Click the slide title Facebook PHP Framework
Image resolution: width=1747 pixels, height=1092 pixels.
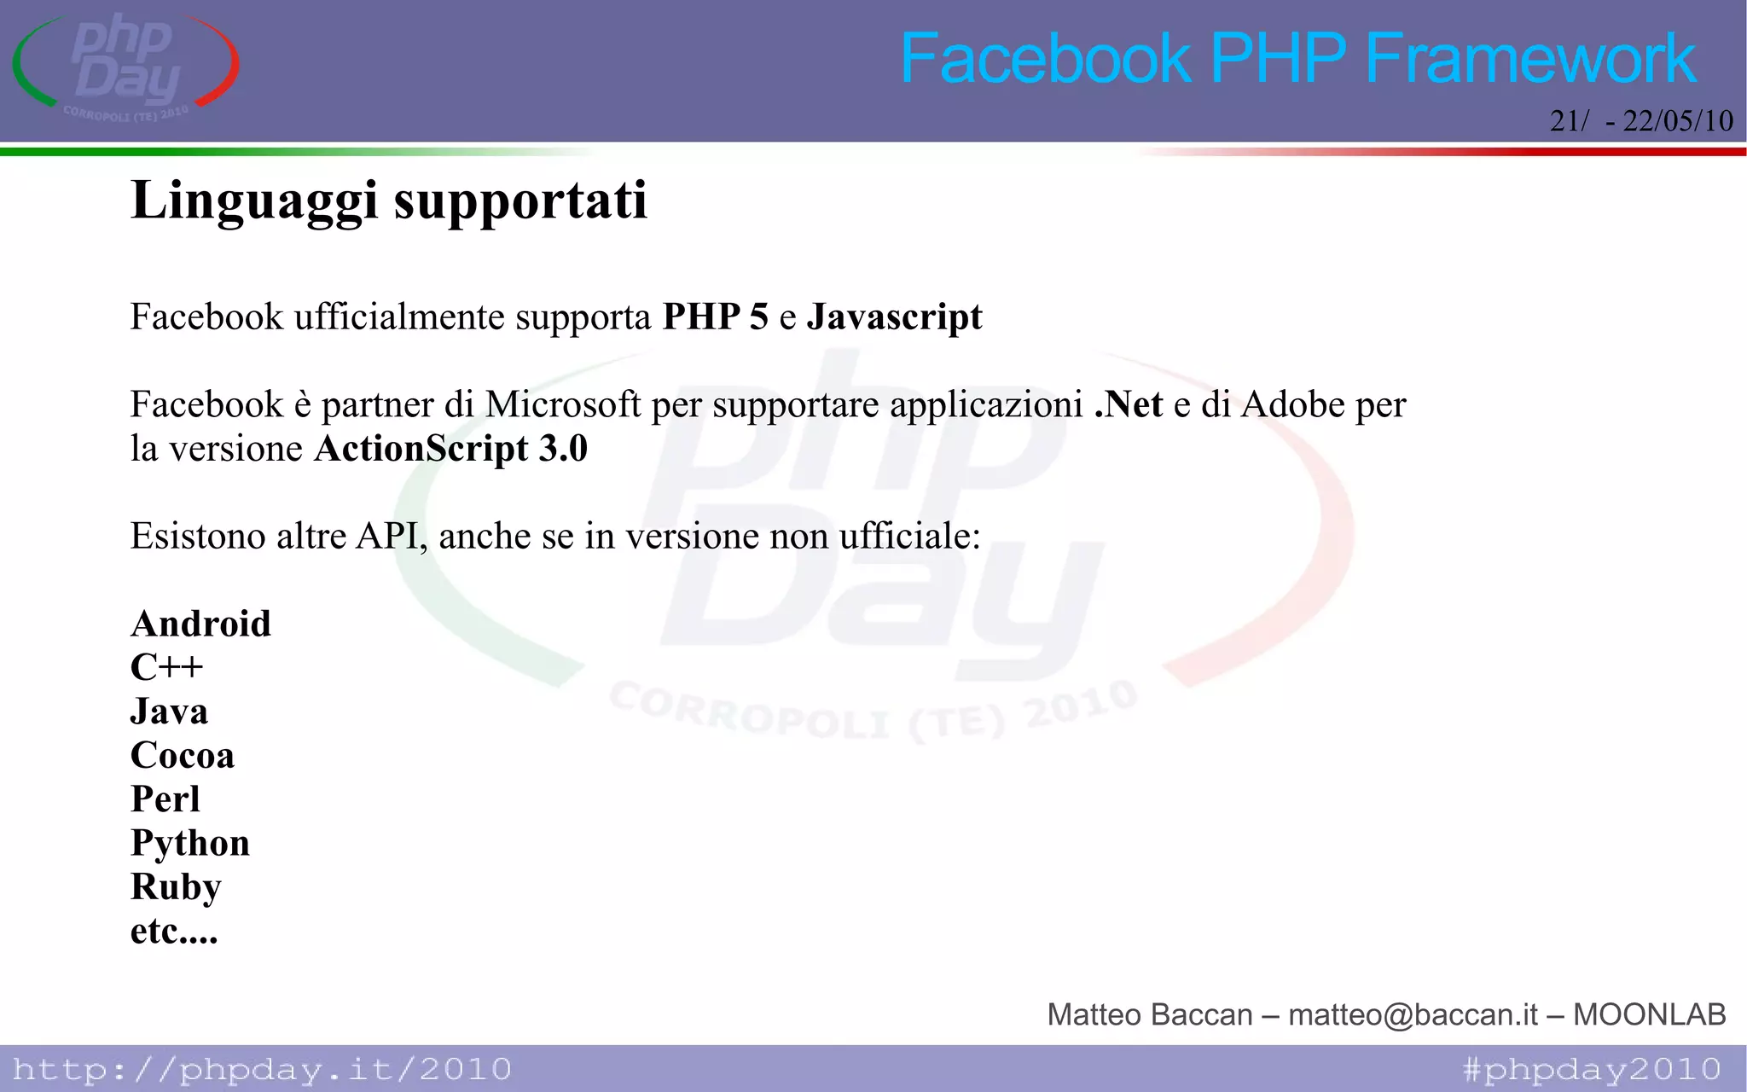[1297, 58]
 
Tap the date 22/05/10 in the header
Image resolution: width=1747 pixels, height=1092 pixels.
[1677, 120]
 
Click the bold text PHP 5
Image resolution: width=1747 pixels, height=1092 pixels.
[715, 317]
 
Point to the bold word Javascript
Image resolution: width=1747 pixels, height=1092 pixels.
[894, 317]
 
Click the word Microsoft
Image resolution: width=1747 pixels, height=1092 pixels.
[563, 404]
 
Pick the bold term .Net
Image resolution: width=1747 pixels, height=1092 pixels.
[1129, 404]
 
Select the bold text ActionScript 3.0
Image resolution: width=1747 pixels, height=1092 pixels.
[450, 449]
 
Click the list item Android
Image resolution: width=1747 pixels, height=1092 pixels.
[200, 624]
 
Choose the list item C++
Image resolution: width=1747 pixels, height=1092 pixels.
[166, 667]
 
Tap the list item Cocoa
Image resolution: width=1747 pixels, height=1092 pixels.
[182, 755]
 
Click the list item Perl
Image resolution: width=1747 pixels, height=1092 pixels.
[165, 799]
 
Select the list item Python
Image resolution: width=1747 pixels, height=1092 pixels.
[189, 844]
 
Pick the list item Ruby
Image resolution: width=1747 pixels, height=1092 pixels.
[176, 887]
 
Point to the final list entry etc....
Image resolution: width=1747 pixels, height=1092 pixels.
[173, 932]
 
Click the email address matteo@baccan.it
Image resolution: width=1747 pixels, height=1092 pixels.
[1413, 1014]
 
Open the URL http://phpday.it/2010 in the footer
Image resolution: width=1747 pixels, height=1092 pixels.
[262, 1069]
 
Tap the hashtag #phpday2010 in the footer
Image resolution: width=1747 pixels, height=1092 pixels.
[1592, 1069]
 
